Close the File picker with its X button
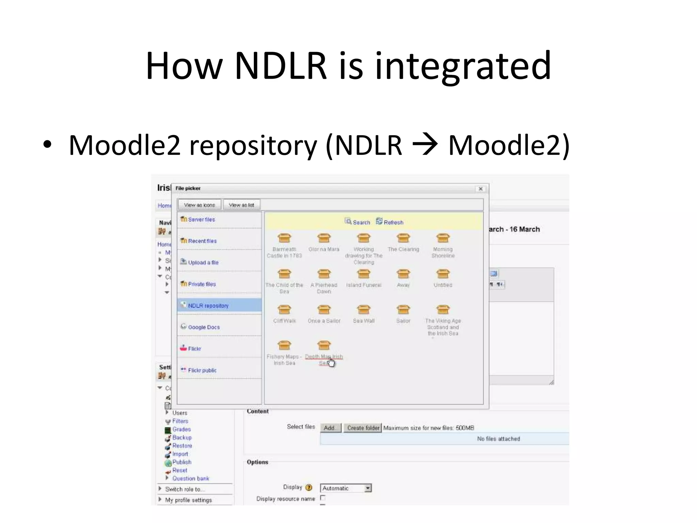(481, 189)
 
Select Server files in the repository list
(201, 220)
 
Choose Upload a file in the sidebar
(203, 263)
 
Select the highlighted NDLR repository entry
(208, 306)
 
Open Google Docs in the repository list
(204, 327)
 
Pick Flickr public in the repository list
(202, 370)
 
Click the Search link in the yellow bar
(361, 222)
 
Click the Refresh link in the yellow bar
(393, 222)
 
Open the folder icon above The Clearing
(403, 238)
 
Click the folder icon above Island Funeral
(363, 274)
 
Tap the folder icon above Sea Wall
(363, 310)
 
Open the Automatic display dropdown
(367, 488)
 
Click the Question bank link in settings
(191, 479)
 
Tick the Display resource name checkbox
(323, 498)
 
